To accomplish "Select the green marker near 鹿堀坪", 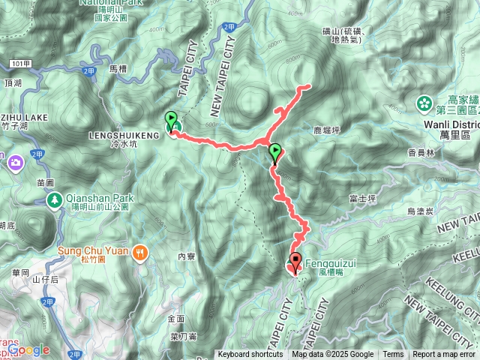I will coord(275,153).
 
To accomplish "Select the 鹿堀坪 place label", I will coord(330,130).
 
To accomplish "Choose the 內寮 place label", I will coord(186,256).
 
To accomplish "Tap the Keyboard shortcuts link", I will coord(250,355).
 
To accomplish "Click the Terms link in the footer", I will coord(393,355).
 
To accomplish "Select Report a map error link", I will coord(445,355).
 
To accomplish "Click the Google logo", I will coord(28,349).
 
